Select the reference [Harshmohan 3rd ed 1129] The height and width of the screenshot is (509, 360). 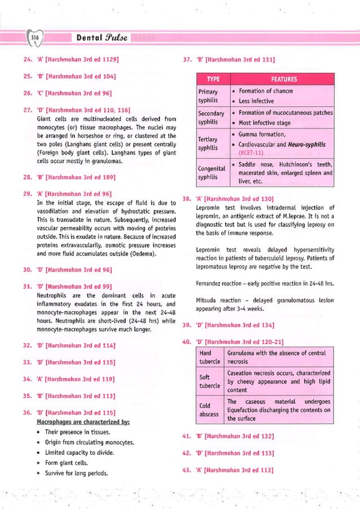click(83, 58)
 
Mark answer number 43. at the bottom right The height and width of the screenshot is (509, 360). click(187, 470)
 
